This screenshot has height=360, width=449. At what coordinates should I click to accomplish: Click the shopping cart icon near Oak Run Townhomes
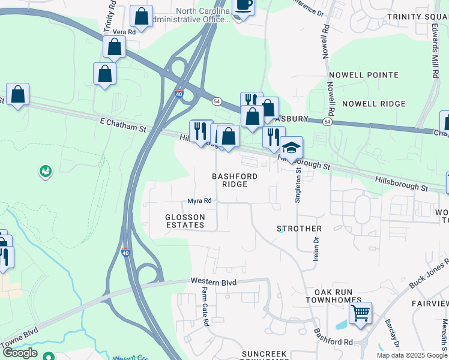click(360, 313)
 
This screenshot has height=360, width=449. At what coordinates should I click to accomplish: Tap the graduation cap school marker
click(291, 148)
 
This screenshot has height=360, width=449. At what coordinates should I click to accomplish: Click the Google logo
click(20, 353)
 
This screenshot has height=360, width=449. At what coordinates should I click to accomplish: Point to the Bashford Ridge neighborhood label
click(235, 180)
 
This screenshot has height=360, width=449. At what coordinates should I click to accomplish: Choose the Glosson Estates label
click(185, 221)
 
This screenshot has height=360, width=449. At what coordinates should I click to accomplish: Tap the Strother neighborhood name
click(299, 229)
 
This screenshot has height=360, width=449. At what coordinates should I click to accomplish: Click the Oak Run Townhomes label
click(333, 295)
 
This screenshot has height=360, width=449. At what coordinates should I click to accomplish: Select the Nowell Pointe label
click(370, 75)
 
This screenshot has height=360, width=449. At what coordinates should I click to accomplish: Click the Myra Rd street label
click(199, 201)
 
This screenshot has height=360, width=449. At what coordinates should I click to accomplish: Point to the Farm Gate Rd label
click(205, 306)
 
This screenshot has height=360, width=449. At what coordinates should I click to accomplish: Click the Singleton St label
click(297, 185)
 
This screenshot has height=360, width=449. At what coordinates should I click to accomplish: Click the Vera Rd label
click(124, 32)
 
